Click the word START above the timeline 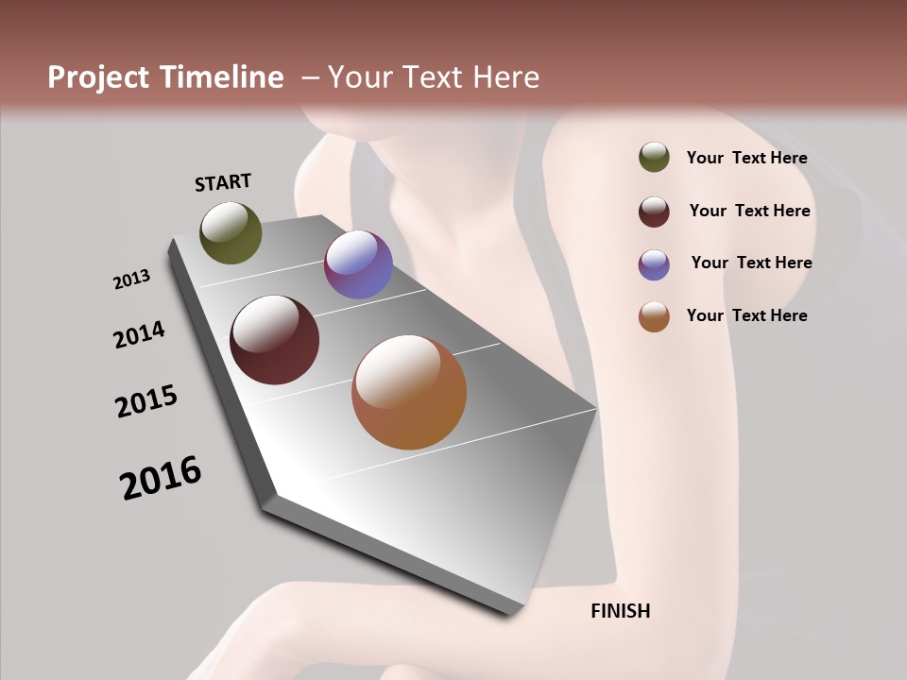(223, 182)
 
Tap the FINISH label (621, 611)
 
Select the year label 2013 (132, 279)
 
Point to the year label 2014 (140, 334)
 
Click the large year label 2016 (161, 478)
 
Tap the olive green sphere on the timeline (231, 232)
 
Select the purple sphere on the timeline (358, 264)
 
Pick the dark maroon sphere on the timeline (275, 340)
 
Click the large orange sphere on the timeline (409, 392)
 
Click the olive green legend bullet (654, 158)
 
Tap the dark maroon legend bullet (654, 212)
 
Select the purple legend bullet (654, 264)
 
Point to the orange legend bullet (654, 316)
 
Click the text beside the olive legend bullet (746, 158)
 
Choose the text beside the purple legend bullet (751, 263)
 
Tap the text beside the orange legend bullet (746, 315)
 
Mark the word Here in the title (505, 77)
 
